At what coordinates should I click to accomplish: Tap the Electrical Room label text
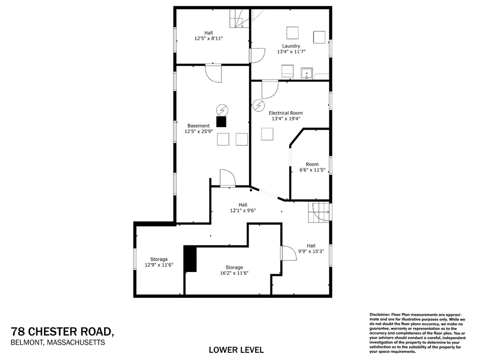[286, 113]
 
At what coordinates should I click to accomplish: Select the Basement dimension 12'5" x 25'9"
[198, 132]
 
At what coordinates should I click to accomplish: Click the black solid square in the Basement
[222, 121]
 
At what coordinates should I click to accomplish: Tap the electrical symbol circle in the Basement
[222, 109]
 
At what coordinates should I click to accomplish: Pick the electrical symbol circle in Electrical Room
[259, 105]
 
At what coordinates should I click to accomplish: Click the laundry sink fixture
[307, 74]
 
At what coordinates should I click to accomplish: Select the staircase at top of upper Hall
[240, 19]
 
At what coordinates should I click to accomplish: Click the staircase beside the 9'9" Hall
[318, 212]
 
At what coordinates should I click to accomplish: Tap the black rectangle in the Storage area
[191, 259]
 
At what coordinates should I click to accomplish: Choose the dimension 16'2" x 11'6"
[234, 273]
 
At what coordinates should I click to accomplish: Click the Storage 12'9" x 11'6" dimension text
[158, 265]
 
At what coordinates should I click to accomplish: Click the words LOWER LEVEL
[236, 350]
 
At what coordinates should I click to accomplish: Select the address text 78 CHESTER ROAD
[62, 331]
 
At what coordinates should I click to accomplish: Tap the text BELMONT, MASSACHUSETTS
[58, 342]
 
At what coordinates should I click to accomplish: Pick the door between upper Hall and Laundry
[257, 56]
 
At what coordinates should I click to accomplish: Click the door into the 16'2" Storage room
[288, 253]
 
